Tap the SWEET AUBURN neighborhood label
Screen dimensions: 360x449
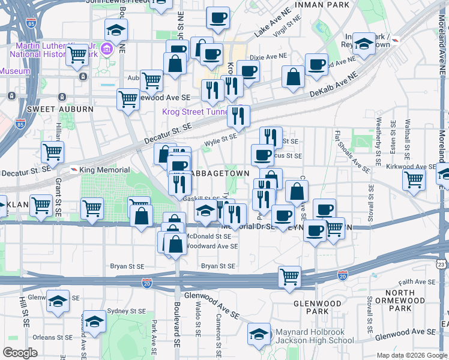[x=60, y=109]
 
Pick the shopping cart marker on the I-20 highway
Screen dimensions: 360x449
[x=289, y=277]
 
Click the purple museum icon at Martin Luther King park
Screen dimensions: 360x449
[x=108, y=49]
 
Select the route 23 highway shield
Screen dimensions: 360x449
[x=442, y=263]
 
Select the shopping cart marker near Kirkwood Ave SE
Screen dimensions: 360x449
[x=414, y=178]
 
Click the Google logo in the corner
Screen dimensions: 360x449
[x=20, y=353]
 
